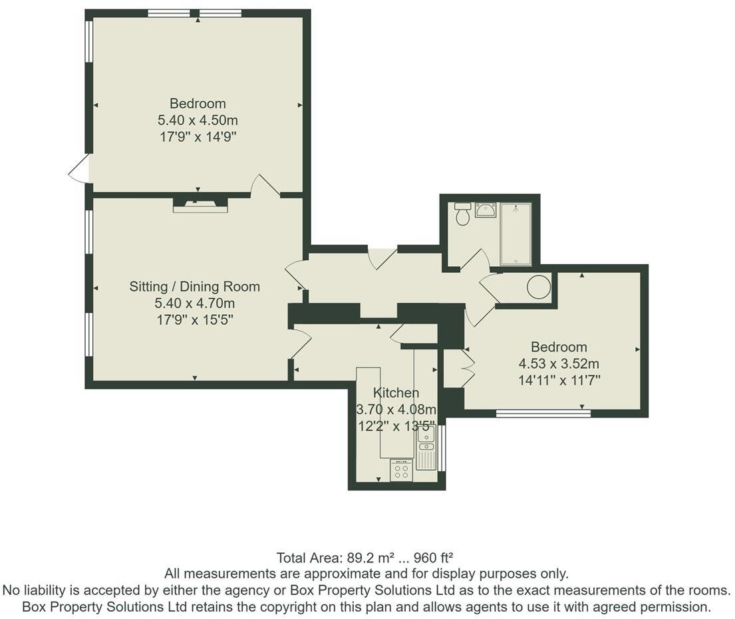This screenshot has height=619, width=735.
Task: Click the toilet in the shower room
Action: point(463,214)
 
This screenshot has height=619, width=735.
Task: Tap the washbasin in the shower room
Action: point(486,210)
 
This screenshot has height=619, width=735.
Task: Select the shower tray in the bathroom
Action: point(515,234)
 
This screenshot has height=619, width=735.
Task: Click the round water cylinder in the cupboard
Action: point(539,288)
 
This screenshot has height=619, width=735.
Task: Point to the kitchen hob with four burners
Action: point(401,471)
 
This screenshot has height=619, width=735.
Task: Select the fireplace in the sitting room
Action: point(200,205)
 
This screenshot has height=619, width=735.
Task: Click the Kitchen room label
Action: point(396,393)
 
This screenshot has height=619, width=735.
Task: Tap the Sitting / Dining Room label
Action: point(194,287)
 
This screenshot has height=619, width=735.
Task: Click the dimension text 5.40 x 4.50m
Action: point(198,120)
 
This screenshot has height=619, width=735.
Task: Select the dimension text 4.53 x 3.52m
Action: point(559,364)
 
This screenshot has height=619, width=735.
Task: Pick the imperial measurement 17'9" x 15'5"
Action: point(194,320)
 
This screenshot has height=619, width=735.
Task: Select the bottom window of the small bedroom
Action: point(543,413)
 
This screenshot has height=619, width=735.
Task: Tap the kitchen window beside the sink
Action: point(442,447)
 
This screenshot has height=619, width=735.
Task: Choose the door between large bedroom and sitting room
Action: point(265,186)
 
